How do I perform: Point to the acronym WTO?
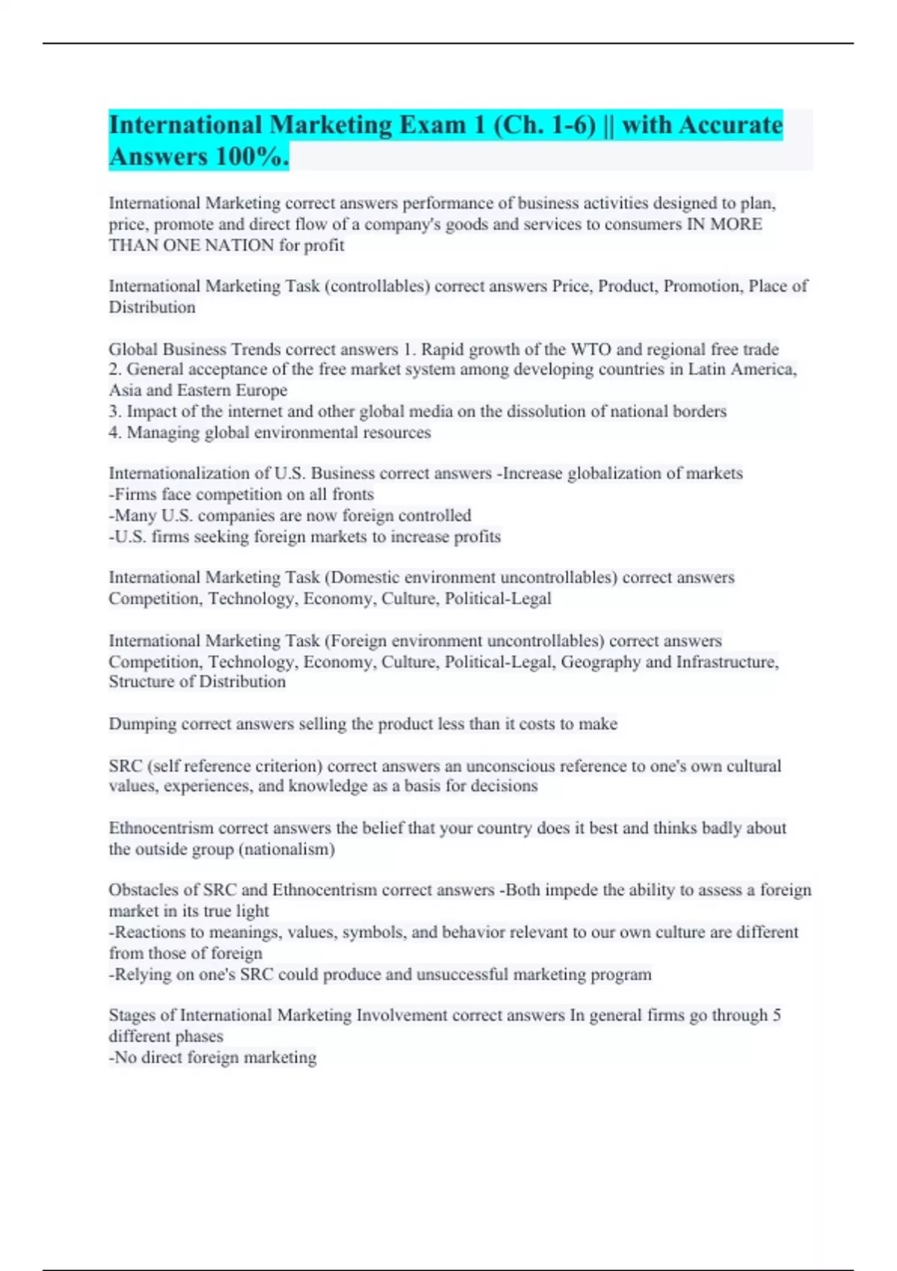click(x=591, y=349)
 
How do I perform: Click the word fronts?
click(x=351, y=495)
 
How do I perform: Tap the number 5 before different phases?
click(x=777, y=1015)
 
